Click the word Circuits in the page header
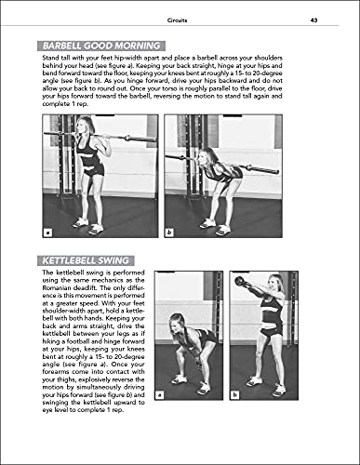point(179,19)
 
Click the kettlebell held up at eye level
point(240,281)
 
